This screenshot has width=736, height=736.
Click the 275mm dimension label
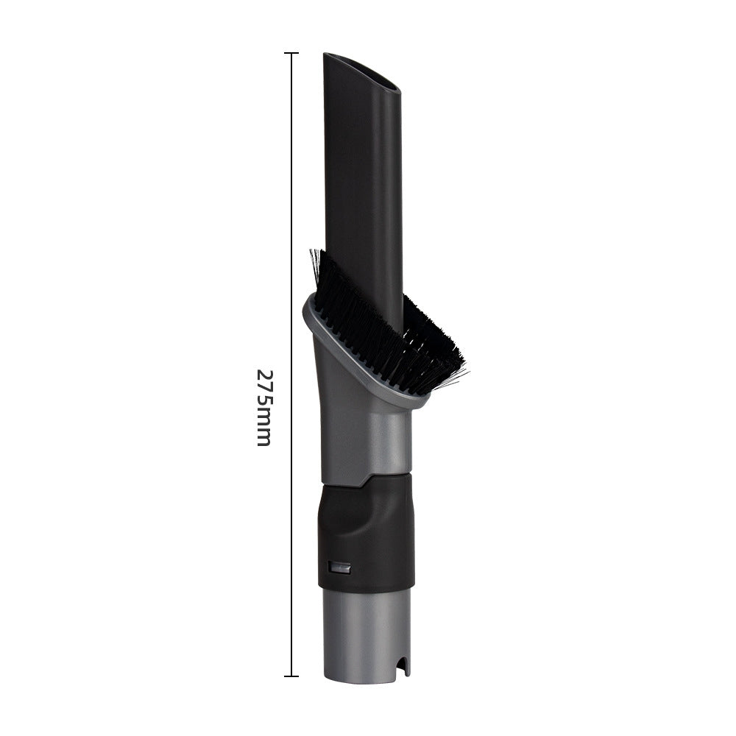coord(263,407)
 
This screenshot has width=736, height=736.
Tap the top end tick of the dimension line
coord(291,54)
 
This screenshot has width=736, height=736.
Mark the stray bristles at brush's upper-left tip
coord(315,261)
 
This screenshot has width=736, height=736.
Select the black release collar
coord(366,530)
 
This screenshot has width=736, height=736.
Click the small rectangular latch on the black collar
coord(339,567)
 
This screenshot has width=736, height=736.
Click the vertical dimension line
coord(291,221)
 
